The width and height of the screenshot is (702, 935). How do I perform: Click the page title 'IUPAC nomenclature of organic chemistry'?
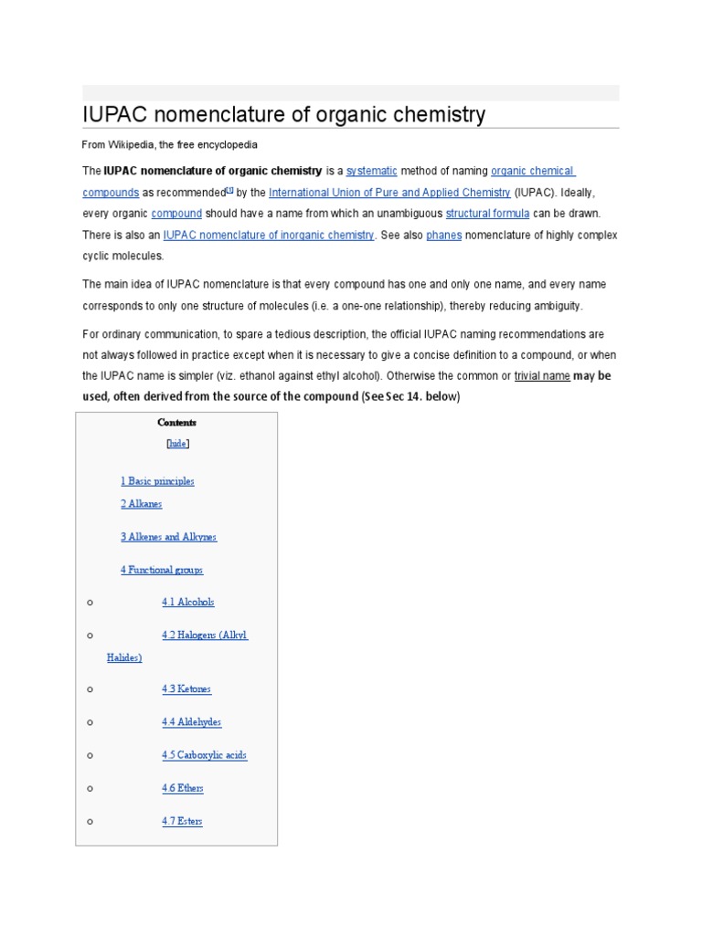click(x=283, y=115)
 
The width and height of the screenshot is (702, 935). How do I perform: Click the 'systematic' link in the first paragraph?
click(x=371, y=171)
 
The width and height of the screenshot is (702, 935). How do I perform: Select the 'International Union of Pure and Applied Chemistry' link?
click(x=389, y=193)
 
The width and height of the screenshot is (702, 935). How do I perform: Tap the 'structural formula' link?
click(x=487, y=214)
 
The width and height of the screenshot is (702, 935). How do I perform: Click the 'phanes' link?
click(x=444, y=236)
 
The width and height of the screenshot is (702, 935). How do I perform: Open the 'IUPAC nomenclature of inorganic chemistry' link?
click(x=268, y=236)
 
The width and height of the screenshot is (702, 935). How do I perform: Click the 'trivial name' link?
click(x=542, y=375)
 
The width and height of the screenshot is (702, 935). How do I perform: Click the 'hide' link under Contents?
click(x=177, y=444)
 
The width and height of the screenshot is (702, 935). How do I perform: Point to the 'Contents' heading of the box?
click(x=176, y=423)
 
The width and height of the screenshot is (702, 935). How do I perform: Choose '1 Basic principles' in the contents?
click(x=157, y=481)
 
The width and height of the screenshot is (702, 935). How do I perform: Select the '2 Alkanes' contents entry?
click(x=141, y=504)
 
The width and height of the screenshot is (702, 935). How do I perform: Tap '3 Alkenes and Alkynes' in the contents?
click(x=168, y=537)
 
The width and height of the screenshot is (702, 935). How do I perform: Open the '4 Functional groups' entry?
click(x=162, y=570)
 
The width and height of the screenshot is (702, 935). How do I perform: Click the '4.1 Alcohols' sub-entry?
click(x=188, y=603)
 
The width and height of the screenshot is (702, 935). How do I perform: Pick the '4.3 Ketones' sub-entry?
click(x=186, y=689)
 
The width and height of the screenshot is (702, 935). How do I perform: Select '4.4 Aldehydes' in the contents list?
click(x=192, y=722)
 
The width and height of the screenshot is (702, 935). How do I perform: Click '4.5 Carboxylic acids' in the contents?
click(x=205, y=755)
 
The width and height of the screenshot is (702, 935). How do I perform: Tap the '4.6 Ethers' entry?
click(x=183, y=788)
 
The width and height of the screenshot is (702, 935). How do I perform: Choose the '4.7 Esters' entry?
click(x=182, y=821)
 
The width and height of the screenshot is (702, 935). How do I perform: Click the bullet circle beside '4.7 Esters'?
click(x=90, y=821)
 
